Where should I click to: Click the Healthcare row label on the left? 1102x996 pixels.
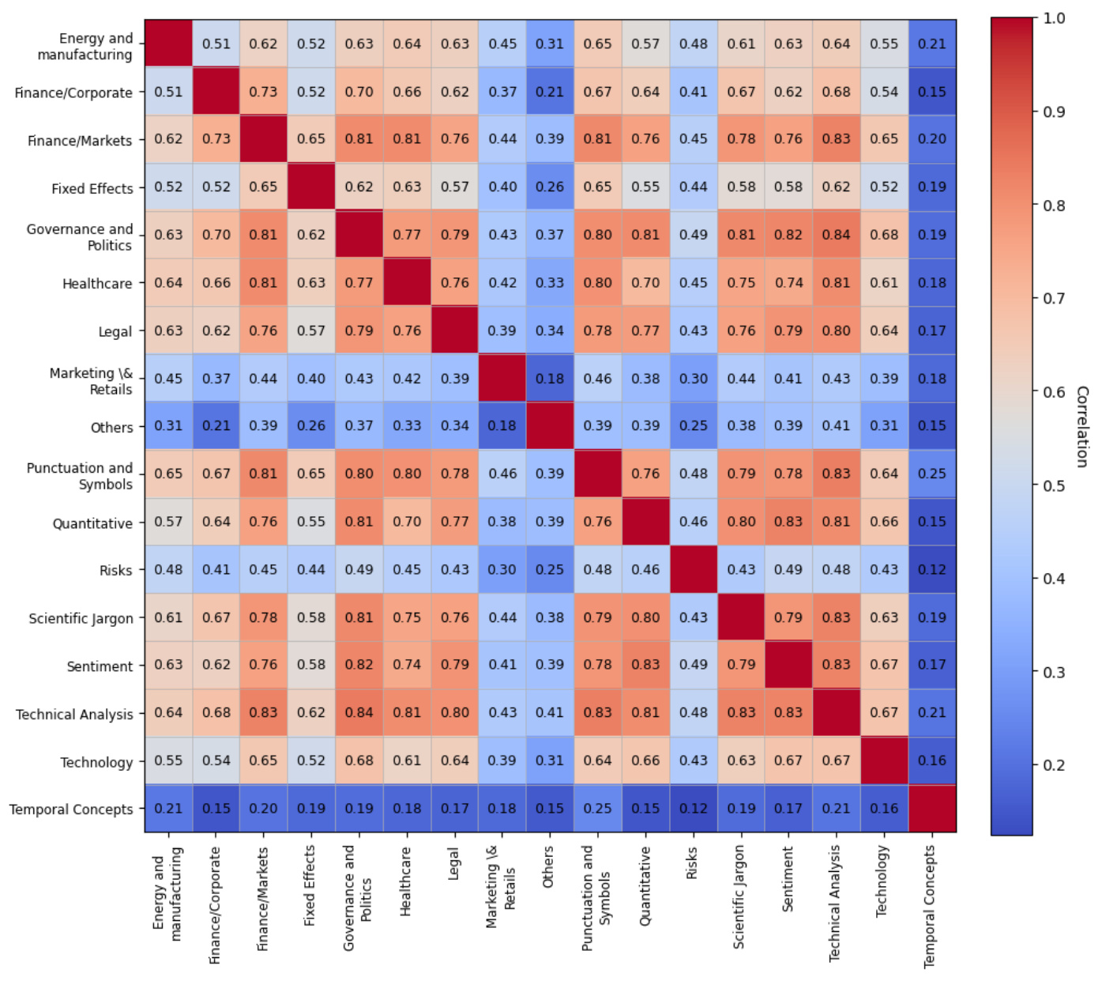[x=97, y=283]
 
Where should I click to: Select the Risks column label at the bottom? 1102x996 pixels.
[x=692, y=863]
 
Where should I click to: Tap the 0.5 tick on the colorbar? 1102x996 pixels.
[x=1054, y=485]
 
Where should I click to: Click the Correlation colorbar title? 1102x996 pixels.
[x=1082, y=427]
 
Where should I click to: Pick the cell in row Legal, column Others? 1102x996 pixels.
[x=550, y=330]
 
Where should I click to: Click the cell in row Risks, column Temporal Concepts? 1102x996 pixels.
[x=932, y=569]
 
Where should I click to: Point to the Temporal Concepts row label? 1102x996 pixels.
[x=71, y=809]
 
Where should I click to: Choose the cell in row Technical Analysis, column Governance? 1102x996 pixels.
[x=359, y=712]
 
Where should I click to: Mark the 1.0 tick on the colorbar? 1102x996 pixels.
[x=1054, y=18]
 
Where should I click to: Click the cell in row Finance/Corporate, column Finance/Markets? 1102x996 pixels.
[x=263, y=92]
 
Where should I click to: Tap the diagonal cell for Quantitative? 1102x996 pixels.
[x=645, y=522]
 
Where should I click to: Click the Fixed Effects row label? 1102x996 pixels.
[x=92, y=189]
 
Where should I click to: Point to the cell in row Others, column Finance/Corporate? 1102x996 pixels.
[x=216, y=425]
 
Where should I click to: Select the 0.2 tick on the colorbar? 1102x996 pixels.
[x=1054, y=765]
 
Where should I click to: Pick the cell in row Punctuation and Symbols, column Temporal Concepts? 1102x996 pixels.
[x=932, y=473]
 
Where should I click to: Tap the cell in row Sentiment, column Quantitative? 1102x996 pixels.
[x=645, y=665]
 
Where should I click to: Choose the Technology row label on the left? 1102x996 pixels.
[x=96, y=762]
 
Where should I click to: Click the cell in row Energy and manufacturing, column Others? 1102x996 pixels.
[x=550, y=43]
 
